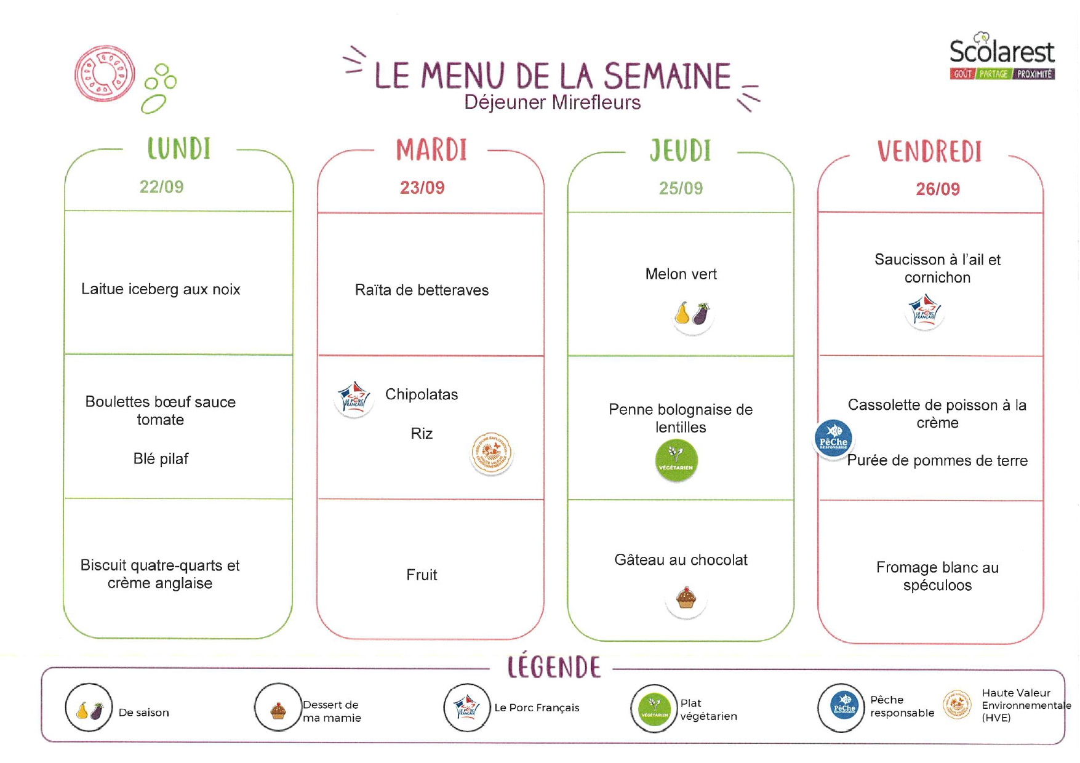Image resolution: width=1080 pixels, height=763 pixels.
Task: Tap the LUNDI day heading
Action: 179,149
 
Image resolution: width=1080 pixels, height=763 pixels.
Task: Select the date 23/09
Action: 422,188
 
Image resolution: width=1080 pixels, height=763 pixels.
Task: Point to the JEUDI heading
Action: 681,151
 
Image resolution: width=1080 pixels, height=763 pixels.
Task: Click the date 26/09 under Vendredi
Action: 937,189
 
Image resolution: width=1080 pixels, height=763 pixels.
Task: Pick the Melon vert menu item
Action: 681,274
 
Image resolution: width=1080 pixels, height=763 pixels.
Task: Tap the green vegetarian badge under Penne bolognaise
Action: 676,460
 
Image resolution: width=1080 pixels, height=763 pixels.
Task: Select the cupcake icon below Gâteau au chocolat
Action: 686,598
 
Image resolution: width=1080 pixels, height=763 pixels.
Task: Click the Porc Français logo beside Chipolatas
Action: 354,398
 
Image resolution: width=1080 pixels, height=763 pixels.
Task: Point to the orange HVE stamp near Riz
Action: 491,453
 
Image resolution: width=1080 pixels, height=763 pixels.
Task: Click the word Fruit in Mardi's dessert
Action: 422,575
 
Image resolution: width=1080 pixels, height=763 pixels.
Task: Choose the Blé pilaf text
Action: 161,458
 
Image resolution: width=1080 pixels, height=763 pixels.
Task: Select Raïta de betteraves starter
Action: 422,290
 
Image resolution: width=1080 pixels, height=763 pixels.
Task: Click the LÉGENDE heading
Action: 554,667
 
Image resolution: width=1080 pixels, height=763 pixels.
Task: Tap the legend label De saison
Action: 143,713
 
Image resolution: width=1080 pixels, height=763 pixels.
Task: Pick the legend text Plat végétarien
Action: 708,709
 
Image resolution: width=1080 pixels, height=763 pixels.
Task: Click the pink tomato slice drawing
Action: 105,74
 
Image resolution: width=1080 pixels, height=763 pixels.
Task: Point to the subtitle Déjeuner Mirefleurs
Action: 552,102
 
